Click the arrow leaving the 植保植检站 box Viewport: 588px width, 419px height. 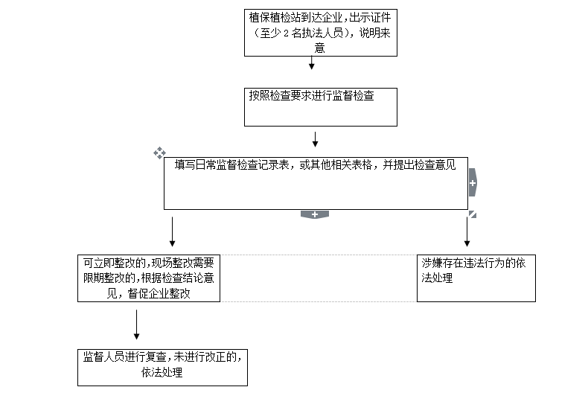click(312, 63)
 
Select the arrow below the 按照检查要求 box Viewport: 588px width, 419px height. click(316, 139)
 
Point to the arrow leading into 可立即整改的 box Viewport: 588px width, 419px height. click(173, 231)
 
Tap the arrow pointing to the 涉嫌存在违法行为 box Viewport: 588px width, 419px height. click(467, 231)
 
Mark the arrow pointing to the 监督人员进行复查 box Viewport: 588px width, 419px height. click(136, 324)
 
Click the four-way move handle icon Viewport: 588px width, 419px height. click(159, 153)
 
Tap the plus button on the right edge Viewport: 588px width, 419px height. click(473, 182)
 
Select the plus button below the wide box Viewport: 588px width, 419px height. click(315, 214)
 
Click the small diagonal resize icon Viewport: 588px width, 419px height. click(473, 214)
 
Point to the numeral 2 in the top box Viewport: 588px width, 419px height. click(286, 33)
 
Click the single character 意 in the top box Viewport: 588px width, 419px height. click(319, 48)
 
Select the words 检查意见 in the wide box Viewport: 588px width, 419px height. click(435, 164)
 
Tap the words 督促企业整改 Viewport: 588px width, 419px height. click(159, 293)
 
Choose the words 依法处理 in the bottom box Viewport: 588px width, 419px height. click(162, 372)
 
